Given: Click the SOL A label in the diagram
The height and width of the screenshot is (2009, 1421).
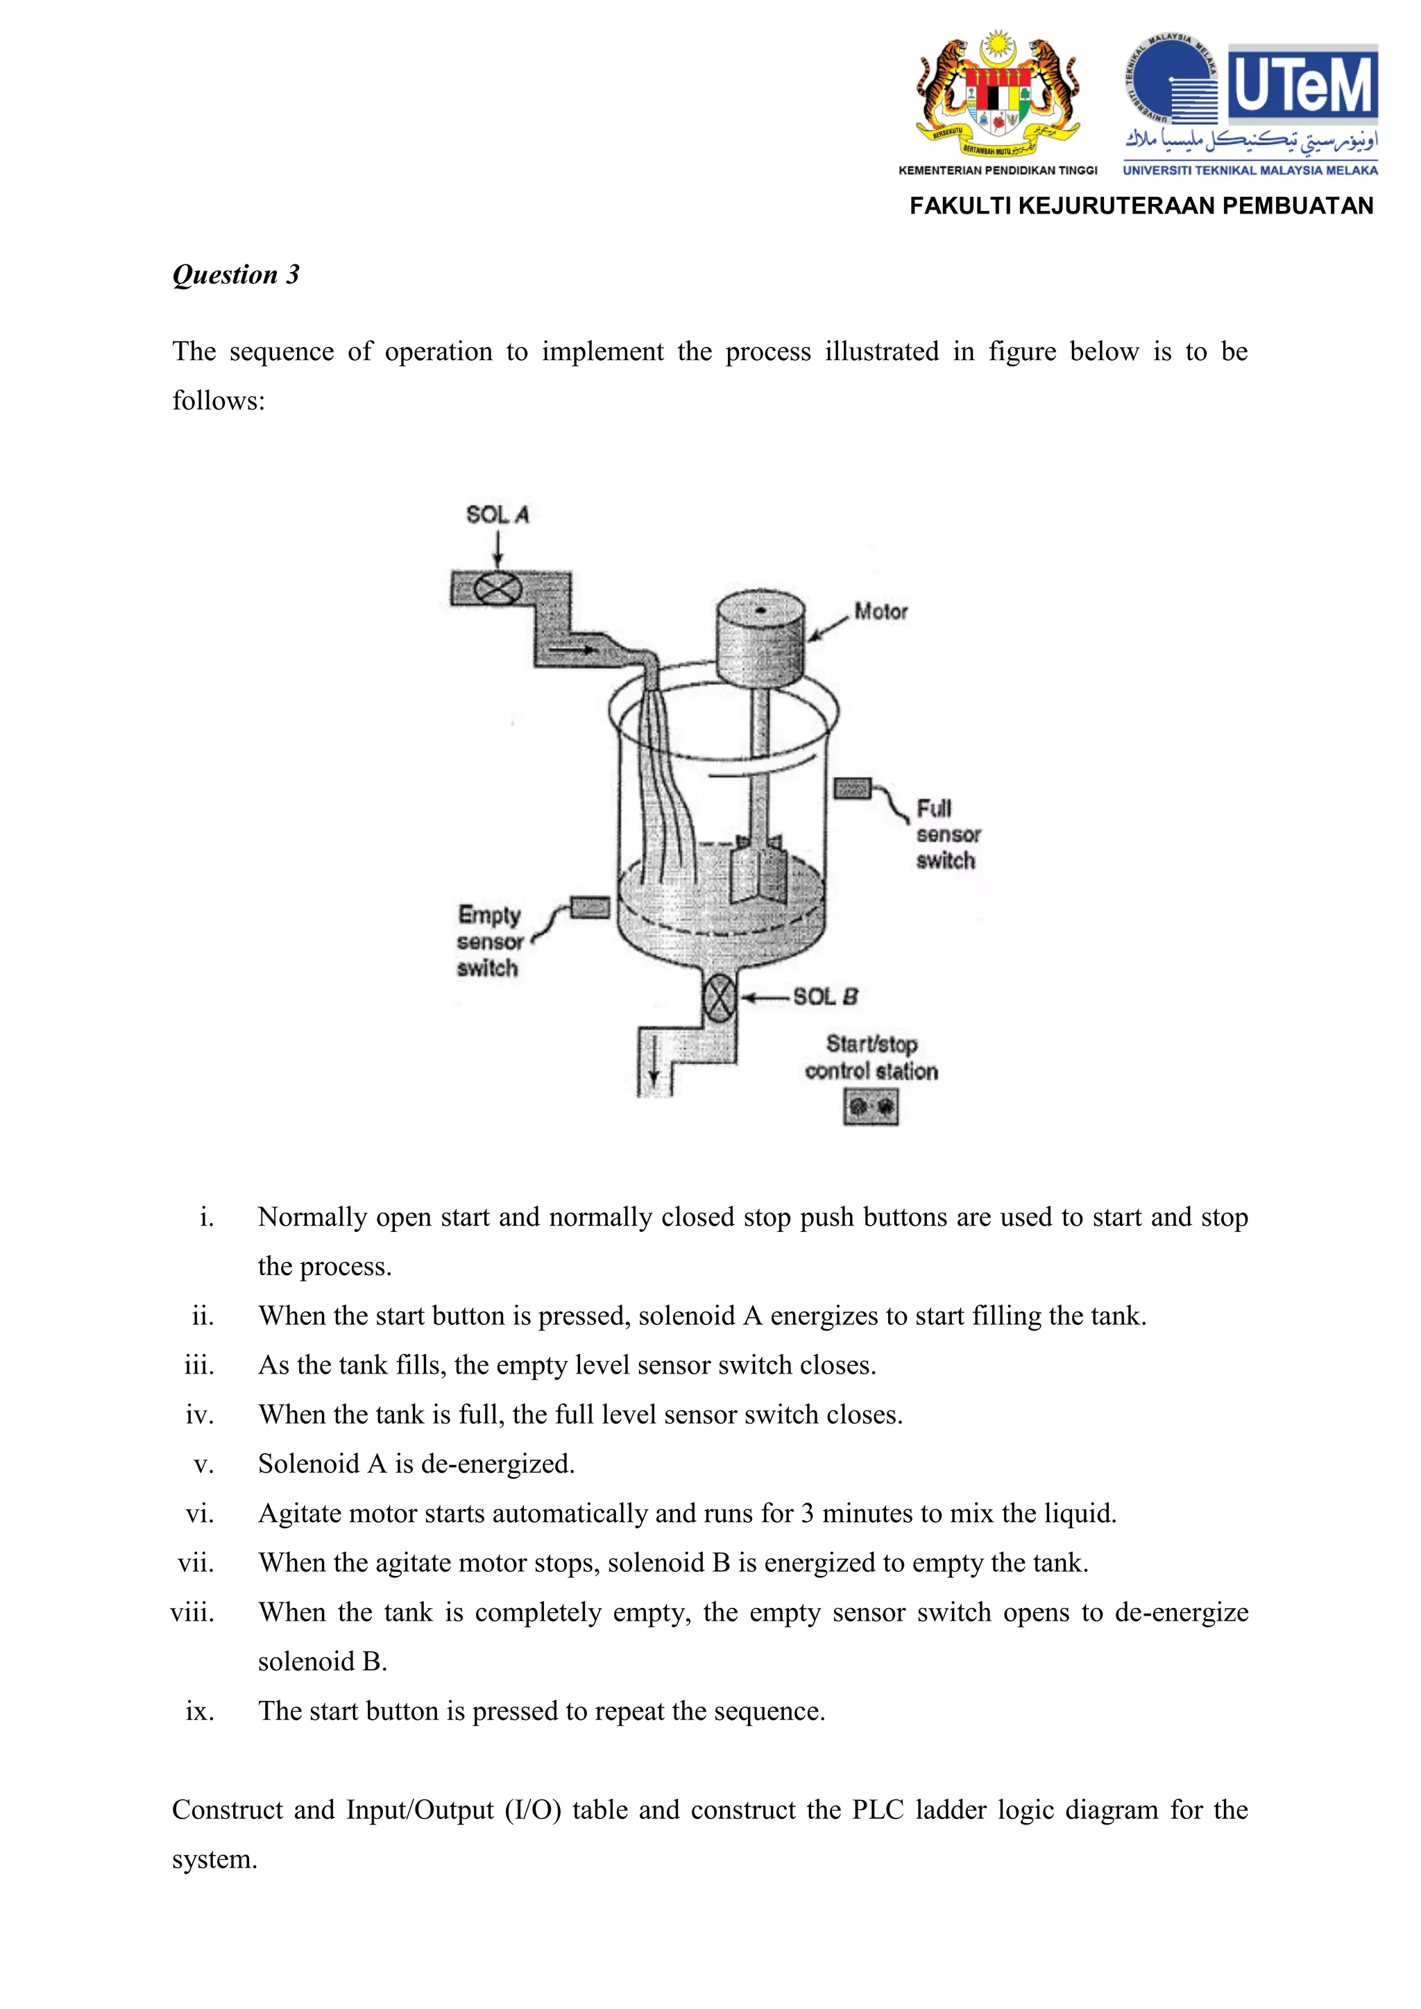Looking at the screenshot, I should (497, 515).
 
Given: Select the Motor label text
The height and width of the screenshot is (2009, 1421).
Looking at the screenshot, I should (880, 612).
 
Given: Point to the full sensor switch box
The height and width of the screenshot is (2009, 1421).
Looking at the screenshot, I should (851, 788).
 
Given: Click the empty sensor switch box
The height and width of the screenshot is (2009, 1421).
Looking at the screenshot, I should (590, 907).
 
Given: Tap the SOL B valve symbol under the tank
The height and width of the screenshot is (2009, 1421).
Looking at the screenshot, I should (720, 998).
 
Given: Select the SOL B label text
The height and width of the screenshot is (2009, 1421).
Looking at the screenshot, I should (825, 997).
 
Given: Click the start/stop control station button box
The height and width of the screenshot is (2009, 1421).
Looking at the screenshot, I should (871, 1107).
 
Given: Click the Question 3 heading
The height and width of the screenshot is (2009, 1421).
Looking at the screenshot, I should (235, 275).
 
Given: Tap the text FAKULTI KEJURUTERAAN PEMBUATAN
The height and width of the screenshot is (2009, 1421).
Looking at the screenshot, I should (1141, 205).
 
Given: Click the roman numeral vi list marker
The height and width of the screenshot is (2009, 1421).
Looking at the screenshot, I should (200, 1513).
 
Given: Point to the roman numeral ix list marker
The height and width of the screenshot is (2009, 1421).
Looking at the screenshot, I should (200, 1711).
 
